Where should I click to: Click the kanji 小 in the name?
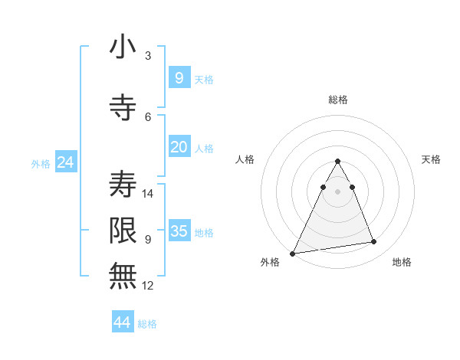pos(123,47)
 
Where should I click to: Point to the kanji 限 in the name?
pos(123,230)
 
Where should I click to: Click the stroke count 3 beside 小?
pos(148,56)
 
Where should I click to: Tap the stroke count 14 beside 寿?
pos(149,193)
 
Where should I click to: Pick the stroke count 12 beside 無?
pos(149,286)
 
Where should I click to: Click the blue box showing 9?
pos(179,78)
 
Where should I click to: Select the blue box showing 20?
pos(179,147)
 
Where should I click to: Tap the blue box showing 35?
pos(179,231)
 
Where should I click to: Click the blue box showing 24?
pos(65,162)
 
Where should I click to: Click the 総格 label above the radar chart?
pos(337,100)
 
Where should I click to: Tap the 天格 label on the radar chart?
pos(431,159)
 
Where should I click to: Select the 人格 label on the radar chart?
pos(245,159)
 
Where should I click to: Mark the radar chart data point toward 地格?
pos(374,242)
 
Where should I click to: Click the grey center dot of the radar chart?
pos(337,191)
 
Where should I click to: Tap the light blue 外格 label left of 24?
pos(40,164)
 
